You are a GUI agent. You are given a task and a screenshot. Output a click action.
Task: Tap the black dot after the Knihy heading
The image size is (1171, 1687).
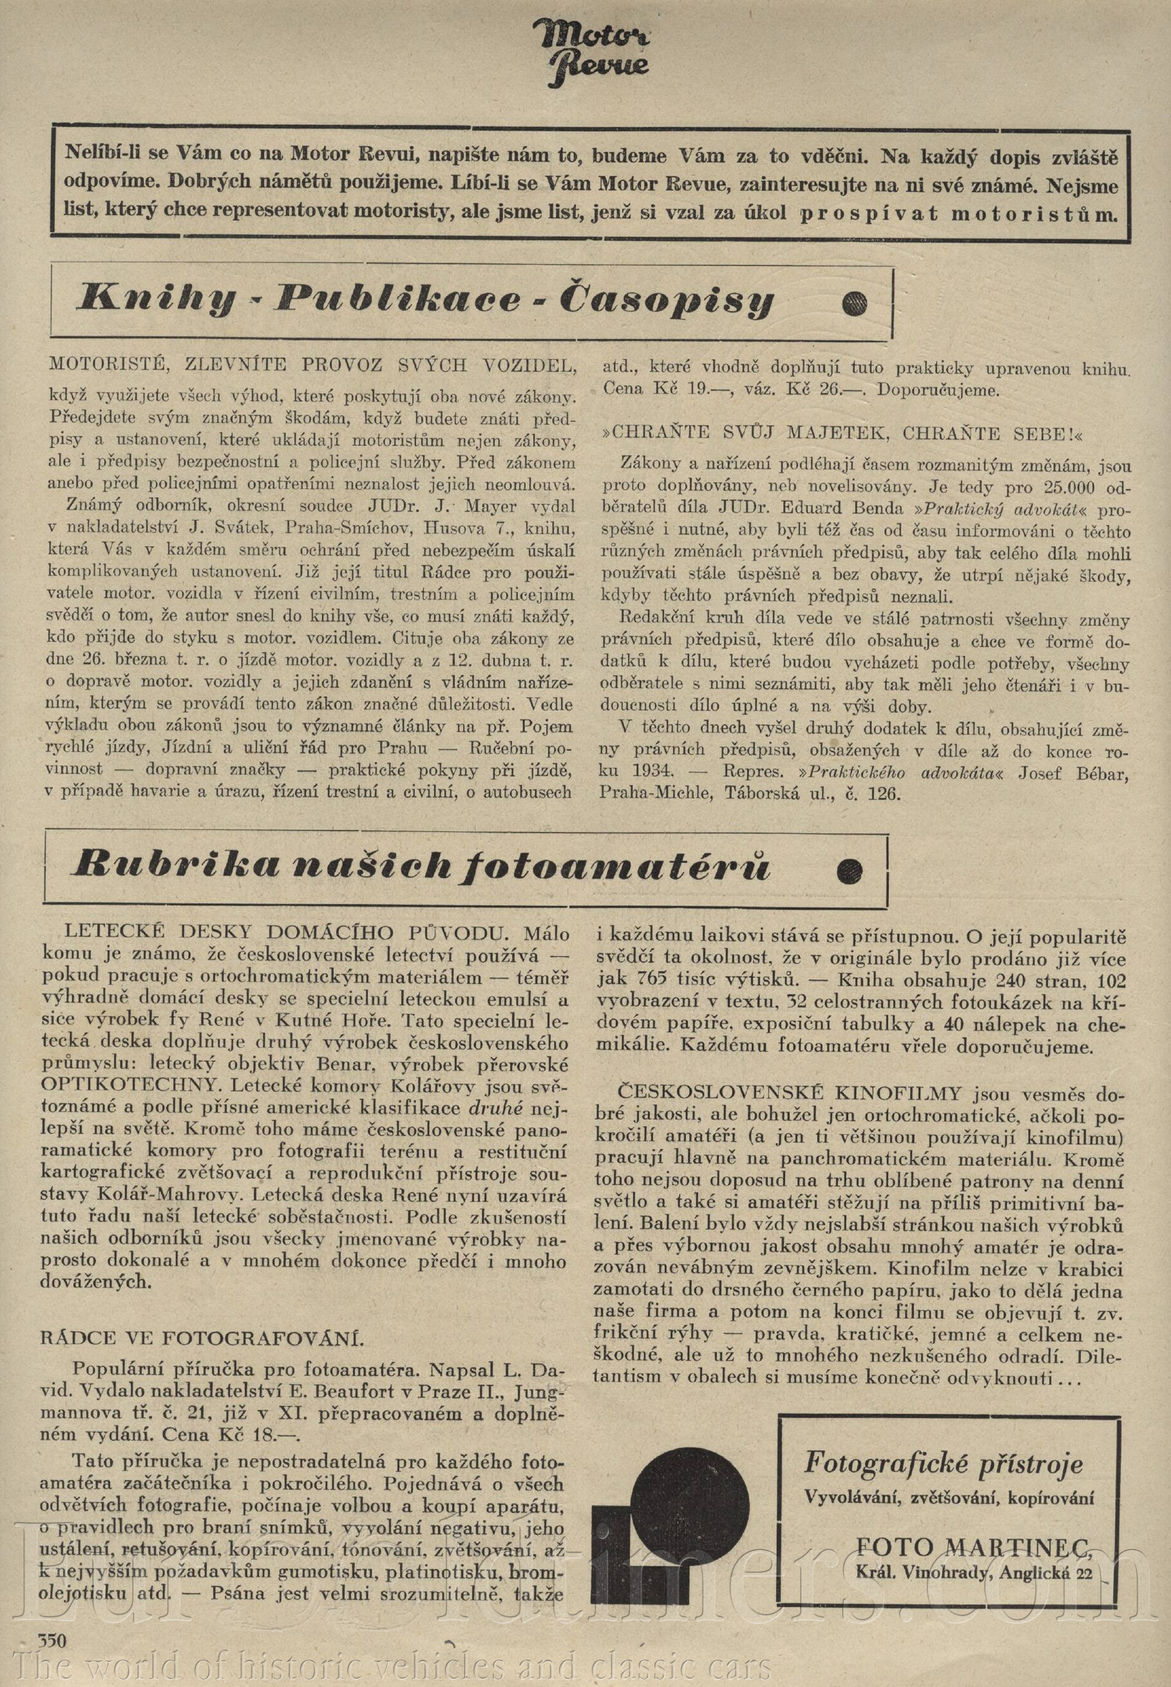[x=856, y=302]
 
